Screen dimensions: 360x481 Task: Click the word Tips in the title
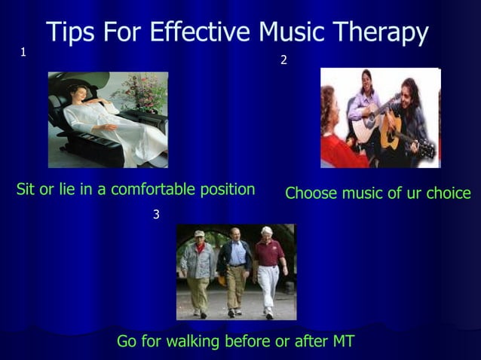(x=69, y=32)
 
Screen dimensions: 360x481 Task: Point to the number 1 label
(x=23, y=52)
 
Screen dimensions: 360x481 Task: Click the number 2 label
(x=283, y=60)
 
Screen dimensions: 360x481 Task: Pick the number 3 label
(x=156, y=215)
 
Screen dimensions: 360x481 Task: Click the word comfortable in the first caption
(x=154, y=189)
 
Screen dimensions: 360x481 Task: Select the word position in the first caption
(x=228, y=190)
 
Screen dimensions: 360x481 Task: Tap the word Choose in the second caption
(x=311, y=193)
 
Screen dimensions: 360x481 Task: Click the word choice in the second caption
(x=448, y=193)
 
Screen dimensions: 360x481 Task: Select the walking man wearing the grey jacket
(x=198, y=271)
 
